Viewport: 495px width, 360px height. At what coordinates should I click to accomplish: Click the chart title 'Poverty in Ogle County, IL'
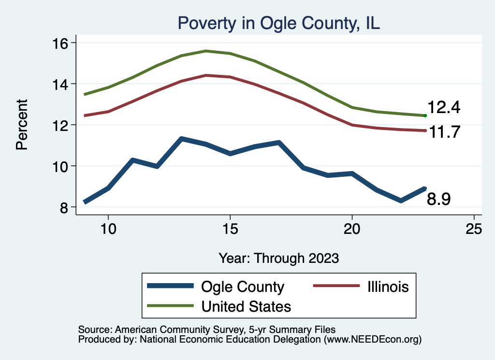point(279,23)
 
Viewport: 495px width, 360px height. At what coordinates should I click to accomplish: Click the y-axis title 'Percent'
point(22,125)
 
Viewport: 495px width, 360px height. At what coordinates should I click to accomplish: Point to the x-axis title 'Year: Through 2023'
point(278,258)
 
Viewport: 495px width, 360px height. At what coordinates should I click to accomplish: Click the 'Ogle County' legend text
point(243,287)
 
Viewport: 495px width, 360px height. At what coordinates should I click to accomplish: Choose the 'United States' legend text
point(246,306)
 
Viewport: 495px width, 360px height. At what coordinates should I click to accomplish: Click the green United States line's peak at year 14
point(206,51)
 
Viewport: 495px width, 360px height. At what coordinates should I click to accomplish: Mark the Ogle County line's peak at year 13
point(181,139)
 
